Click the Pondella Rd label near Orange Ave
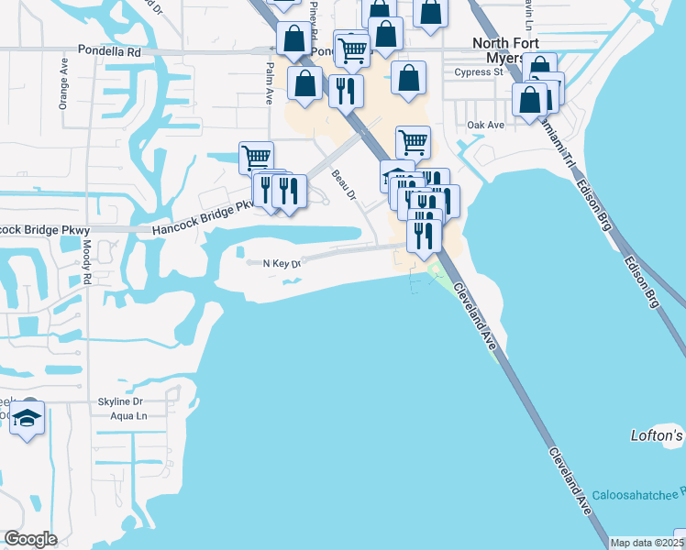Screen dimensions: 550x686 109,51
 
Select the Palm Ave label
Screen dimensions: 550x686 270,79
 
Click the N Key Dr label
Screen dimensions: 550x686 282,264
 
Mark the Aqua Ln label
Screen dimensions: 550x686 128,416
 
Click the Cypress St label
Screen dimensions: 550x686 479,71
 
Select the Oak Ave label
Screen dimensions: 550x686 486,125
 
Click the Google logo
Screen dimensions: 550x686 30,538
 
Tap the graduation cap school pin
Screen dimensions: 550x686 28,419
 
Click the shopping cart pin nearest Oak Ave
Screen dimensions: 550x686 414,142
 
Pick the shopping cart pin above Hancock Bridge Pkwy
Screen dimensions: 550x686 256,158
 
